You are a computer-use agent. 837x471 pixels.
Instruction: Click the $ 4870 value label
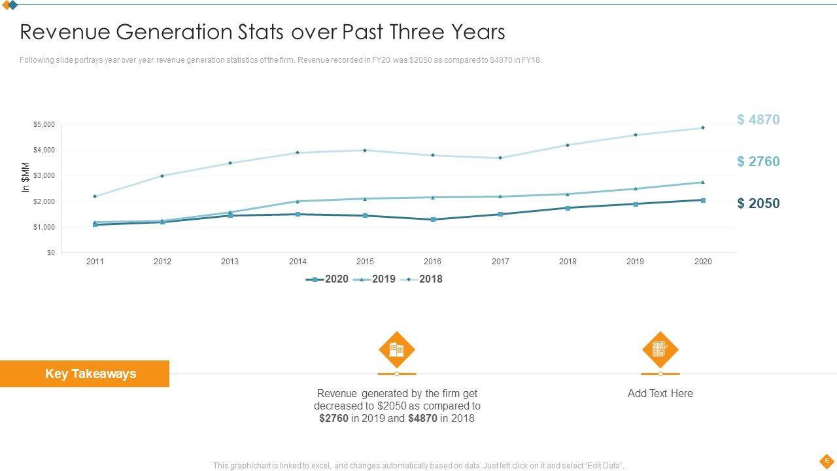[x=758, y=120]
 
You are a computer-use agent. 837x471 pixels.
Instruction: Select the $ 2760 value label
[x=758, y=162]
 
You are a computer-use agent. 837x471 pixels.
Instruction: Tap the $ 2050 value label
[x=758, y=203]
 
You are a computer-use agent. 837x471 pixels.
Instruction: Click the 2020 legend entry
[x=328, y=279]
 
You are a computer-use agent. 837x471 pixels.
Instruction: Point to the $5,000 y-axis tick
[x=44, y=124]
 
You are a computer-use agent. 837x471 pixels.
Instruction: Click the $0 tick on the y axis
[x=50, y=253]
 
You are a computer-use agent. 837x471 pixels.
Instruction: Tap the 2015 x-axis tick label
[x=365, y=262]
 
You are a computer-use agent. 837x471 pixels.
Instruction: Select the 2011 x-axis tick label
[x=95, y=262]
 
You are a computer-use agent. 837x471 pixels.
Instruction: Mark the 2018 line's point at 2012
[x=162, y=176]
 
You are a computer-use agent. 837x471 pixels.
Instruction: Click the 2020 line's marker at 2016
[x=433, y=220]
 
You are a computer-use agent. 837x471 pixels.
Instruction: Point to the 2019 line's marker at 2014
[x=298, y=201]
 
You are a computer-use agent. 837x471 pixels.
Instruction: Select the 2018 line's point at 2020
[x=703, y=128]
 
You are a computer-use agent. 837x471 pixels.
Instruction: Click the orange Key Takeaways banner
[x=84, y=374]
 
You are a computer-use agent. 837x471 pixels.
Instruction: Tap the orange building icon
[x=397, y=349]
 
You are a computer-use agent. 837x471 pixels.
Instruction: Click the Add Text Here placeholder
[x=660, y=393]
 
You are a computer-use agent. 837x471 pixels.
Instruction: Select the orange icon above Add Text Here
[x=660, y=349]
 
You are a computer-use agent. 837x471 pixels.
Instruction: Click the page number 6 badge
[x=827, y=461]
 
